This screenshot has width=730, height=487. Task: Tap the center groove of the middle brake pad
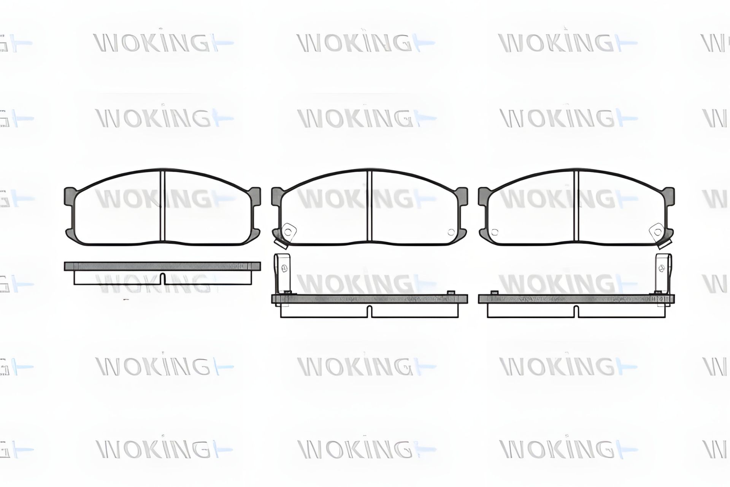pos(369,206)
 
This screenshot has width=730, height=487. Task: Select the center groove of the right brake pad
pos(576,206)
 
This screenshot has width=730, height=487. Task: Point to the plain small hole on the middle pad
pos(451,232)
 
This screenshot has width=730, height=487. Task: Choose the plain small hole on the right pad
pos(495,232)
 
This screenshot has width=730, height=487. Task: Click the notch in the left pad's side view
pos(163,279)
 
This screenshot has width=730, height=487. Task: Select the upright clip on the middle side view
pos(282,272)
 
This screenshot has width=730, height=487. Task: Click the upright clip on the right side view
pos(663,272)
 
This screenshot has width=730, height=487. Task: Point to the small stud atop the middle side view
pos(451,292)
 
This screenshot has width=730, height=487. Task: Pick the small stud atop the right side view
pos(495,292)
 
